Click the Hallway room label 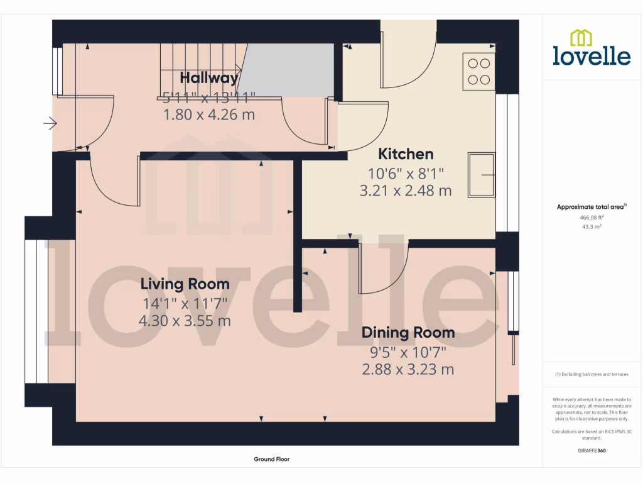tap(209, 78)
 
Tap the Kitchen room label tap(405, 154)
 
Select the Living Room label tap(185, 284)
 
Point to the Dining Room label tap(408, 333)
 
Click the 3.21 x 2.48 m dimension tap(405, 191)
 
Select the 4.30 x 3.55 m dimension tap(185, 321)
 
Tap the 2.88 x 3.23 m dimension tap(408, 369)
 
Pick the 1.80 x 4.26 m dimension tap(209, 115)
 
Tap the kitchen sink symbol tap(482, 174)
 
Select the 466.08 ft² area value tap(592, 218)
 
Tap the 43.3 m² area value tap(592, 227)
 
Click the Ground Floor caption tap(272, 459)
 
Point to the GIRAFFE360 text tap(592, 450)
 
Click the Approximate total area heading tap(592, 207)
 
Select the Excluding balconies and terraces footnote tap(592, 374)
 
